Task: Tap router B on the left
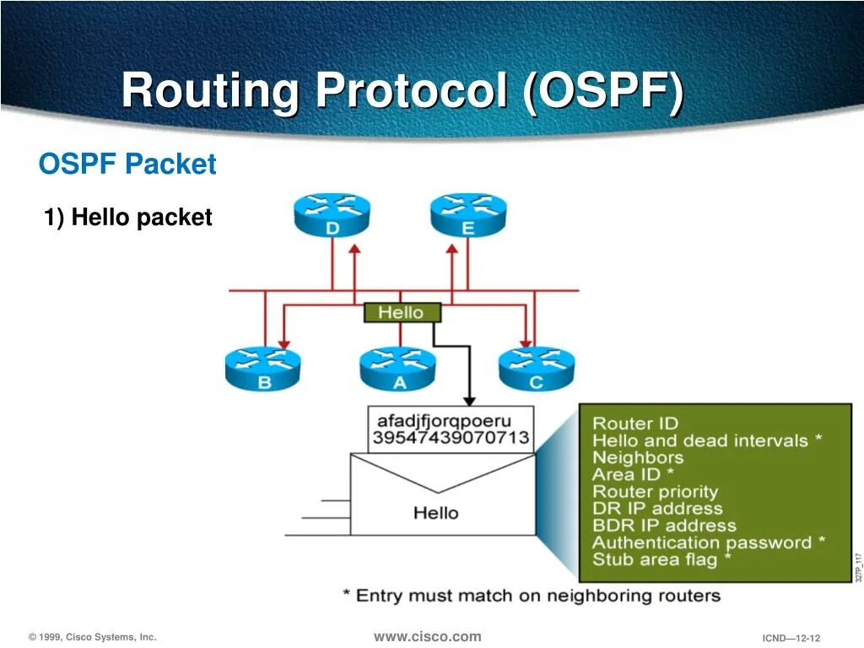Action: pos(262,369)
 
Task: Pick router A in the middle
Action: pos(397,369)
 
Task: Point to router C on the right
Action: pos(537,369)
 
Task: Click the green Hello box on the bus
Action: pos(402,312)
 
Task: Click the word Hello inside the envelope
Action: pos(436,512)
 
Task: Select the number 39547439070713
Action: pos(451,437)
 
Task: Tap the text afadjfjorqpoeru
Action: pos(444,420)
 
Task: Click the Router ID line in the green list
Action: pos(635,424)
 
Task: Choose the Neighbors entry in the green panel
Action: pos(638,457)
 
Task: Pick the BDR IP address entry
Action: pos(664,526)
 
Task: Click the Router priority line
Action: pos(655,492)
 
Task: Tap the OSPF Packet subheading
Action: pos(127,164)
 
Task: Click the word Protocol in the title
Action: pos(412,91)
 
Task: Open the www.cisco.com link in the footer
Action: pos(428,636)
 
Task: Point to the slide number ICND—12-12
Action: pos(791,638)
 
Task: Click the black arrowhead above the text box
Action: pos(470,400)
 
